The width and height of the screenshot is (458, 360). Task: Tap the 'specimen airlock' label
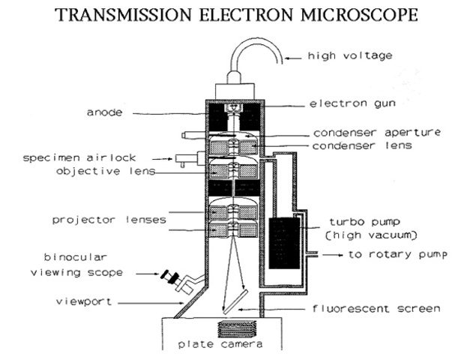[x=76, y=159]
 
